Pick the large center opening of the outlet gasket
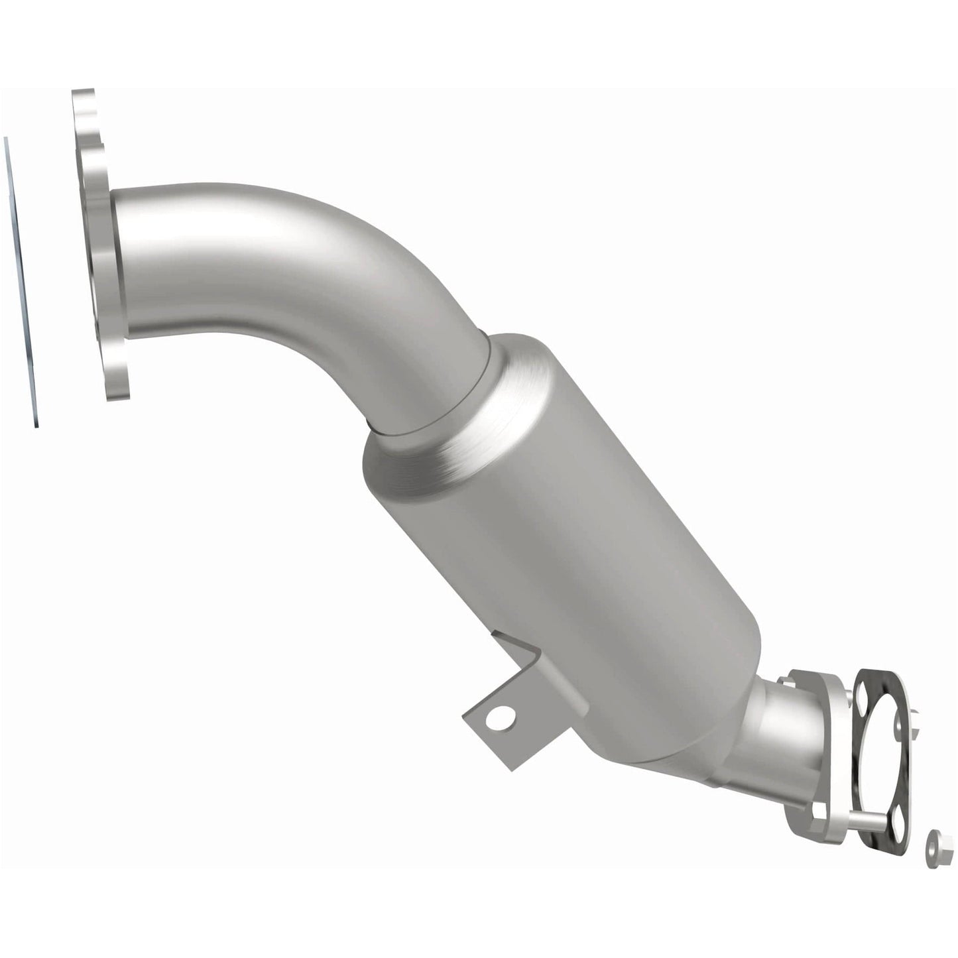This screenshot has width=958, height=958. coord(882,770)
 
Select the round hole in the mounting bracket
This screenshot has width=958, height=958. coord(505,716)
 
